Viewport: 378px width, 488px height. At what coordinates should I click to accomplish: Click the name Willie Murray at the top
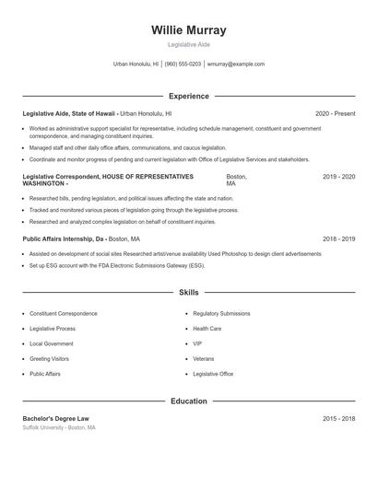[188, 29]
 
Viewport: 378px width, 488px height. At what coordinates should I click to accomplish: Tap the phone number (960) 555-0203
[183, 64]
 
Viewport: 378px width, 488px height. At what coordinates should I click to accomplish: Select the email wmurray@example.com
[236, 64]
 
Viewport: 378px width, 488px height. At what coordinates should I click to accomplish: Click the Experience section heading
[188, 96]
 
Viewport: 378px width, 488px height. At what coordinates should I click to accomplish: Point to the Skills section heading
[188, 292]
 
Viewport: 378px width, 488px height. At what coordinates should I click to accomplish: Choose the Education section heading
[188, 401]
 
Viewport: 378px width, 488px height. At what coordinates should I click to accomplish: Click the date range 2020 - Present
[335, 113]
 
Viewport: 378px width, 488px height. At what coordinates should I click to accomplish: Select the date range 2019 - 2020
[338, 176]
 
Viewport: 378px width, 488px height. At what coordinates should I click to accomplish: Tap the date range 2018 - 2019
[338, 238]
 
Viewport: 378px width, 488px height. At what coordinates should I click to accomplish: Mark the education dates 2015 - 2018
[338, 419]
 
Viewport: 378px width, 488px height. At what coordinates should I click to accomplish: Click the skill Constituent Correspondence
[64, 313]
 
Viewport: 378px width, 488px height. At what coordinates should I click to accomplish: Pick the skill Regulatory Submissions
[221, 313]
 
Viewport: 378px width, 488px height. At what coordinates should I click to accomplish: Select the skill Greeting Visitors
[49, 358]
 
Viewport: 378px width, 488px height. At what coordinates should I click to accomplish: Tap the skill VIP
[197, 343]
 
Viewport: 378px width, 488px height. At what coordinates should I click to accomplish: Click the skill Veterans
[203, 358]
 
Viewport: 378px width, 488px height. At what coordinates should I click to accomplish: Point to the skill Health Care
[207, 328]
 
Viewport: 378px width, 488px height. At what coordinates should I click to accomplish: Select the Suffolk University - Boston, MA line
[59, 428]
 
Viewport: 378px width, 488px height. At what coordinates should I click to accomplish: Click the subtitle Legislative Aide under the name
[188, 44]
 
